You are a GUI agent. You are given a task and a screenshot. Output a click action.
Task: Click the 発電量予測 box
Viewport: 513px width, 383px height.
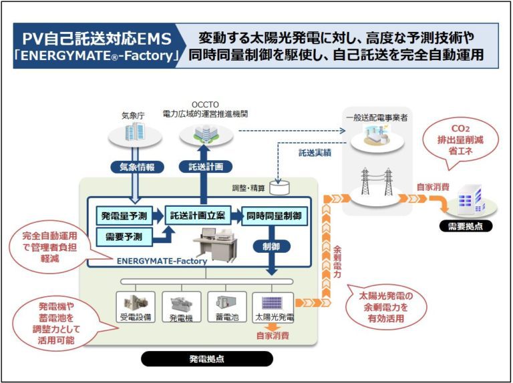(124, 216)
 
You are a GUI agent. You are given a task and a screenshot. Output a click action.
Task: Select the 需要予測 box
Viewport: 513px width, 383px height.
(124, 237)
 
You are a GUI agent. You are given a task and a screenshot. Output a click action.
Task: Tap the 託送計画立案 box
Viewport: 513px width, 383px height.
(198, 215)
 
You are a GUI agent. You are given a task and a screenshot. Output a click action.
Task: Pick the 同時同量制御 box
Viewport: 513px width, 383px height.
(274, 216)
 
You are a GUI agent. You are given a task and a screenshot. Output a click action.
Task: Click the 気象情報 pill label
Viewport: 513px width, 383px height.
(137, 167)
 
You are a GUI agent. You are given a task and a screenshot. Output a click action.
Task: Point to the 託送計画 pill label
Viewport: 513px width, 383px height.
(206, 167)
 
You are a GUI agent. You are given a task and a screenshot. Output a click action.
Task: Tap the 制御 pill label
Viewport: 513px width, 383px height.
(272, 246)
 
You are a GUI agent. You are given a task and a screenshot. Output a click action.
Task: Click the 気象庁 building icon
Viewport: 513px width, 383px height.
(135, 131)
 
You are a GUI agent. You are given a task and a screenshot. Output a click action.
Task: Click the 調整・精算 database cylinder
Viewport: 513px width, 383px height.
(279, 187)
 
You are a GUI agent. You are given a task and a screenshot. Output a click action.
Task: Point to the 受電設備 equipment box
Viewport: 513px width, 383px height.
(136, 307)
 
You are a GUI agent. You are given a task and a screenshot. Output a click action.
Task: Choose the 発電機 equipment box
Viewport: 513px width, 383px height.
(181, 307)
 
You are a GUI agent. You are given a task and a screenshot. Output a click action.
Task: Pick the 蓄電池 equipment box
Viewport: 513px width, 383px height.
(226, 307)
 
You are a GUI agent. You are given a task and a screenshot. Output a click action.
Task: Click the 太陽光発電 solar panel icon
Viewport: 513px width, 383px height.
(272, 303)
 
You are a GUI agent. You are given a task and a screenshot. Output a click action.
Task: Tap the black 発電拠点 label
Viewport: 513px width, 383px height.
(207, 359)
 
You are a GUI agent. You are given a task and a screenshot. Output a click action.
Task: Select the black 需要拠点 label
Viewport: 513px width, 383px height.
(466, 226)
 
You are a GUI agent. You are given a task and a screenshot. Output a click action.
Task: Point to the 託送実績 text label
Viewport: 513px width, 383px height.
(315, 153)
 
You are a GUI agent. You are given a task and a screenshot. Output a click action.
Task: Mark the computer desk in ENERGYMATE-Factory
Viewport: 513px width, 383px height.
(215, 244)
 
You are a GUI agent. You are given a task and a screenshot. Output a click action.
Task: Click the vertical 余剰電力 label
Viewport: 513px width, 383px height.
(337, 262)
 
